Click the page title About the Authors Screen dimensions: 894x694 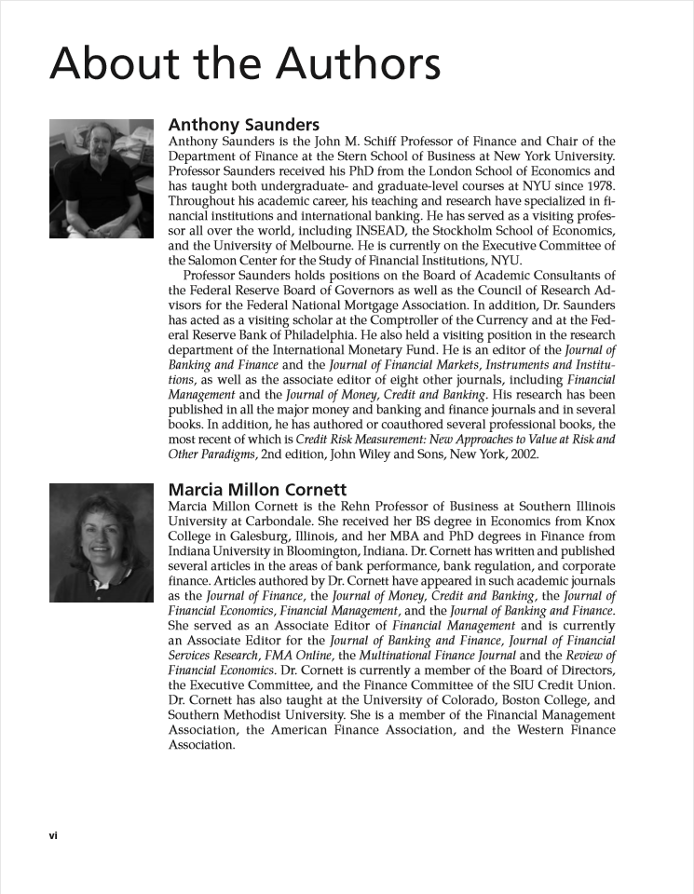click(x=245, y=65)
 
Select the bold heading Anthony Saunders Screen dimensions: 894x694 click(x=243, y=125)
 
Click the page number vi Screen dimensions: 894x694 click(x=53, y=834)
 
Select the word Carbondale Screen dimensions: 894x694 click(x=277, y=521)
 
